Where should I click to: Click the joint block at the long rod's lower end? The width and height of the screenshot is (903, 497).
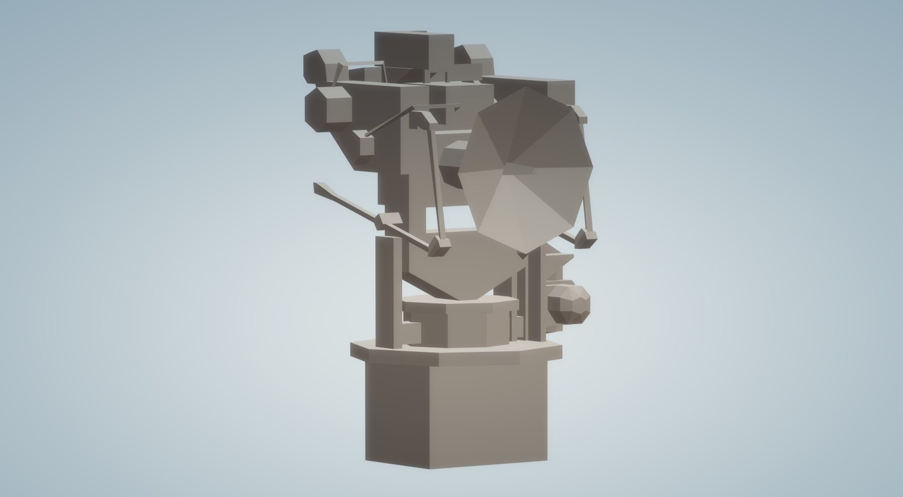click(439, 245)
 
